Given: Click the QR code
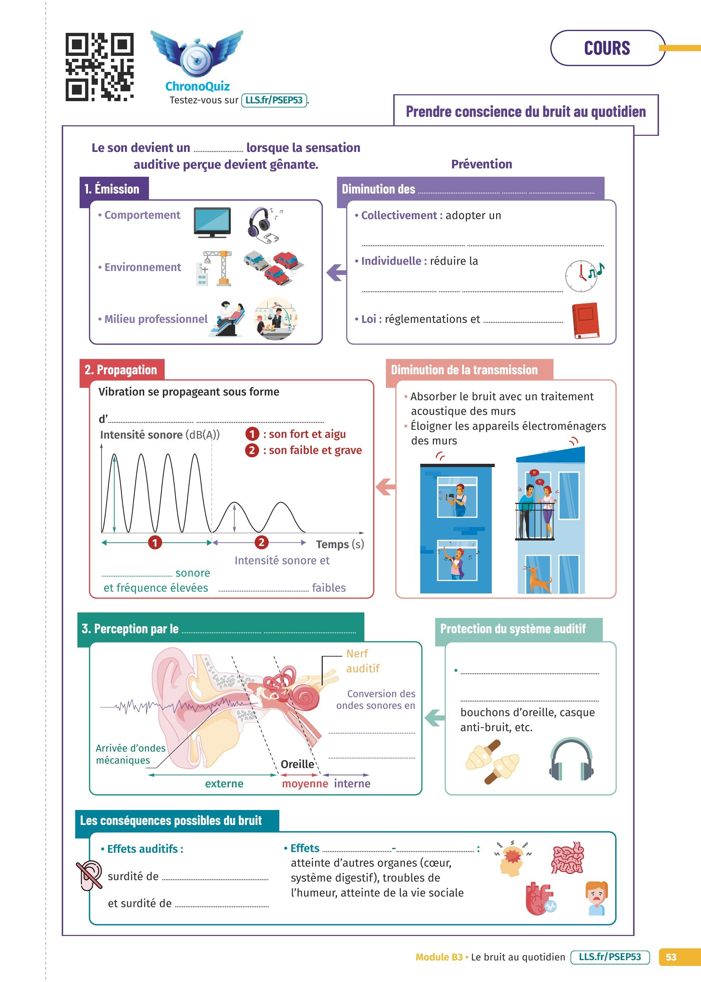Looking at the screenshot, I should [99, 67].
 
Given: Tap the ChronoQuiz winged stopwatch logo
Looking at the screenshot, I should [197, 54].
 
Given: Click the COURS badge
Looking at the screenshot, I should [606, 48].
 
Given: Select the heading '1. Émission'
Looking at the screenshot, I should [112, 189].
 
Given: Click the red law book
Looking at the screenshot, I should [585, 320].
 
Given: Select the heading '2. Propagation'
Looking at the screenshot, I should [121, 370].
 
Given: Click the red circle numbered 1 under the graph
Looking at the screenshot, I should [155, 542].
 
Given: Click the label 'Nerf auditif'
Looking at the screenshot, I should [362, 661].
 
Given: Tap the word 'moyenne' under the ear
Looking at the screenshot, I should [305, 783].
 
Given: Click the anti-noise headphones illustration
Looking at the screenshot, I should [571, 759].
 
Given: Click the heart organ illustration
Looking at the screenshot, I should [540, 898].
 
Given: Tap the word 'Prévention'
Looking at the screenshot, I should [481, 164].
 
